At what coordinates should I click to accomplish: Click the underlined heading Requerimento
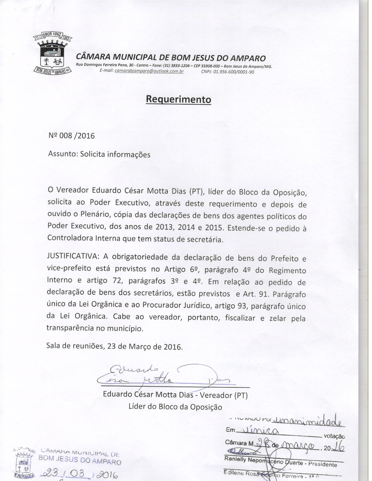click(178, 99)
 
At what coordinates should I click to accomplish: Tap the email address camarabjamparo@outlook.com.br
click(149, 71)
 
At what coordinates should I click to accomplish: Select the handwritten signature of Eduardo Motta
click(163, 376)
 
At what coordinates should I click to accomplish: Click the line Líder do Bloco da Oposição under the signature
click(175, 407)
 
